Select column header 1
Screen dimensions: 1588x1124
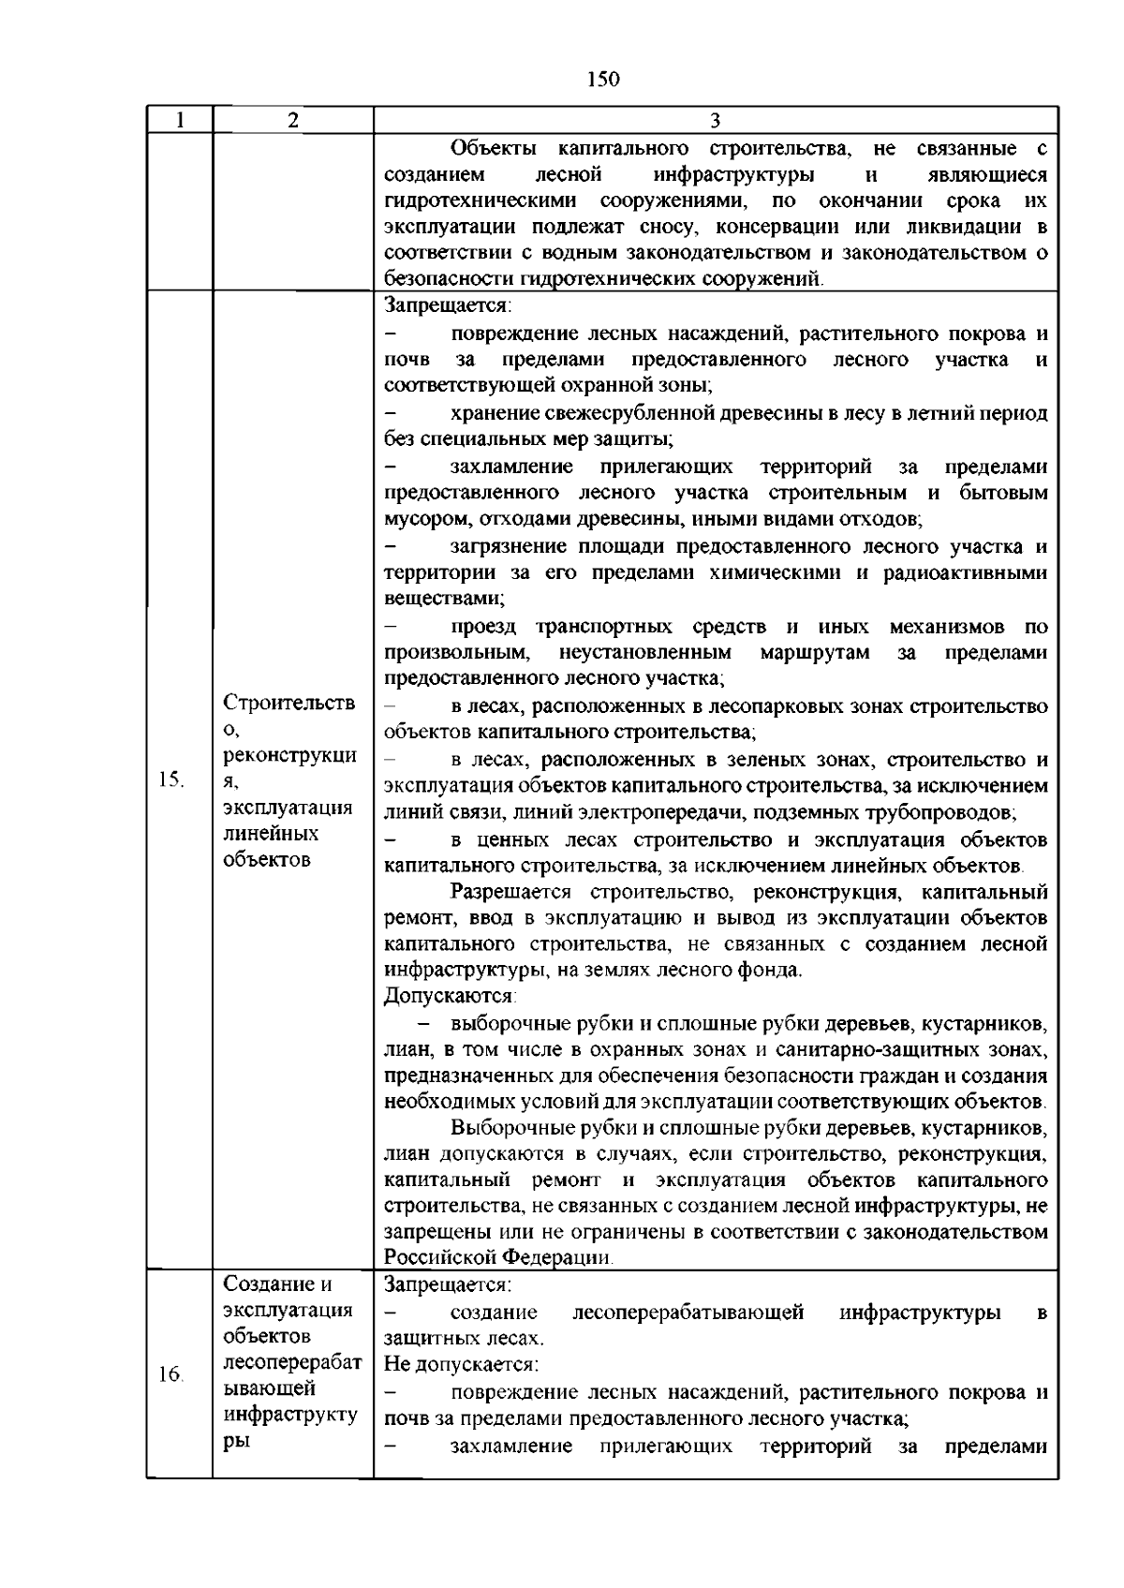coord(179,120)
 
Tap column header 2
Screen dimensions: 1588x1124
coord(293,120)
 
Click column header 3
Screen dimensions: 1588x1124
coord(715,120)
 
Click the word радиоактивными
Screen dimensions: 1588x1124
coord(966,572)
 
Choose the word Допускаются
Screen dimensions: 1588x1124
coord(450,996)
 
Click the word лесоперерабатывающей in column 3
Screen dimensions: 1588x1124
coord(688,1313)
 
